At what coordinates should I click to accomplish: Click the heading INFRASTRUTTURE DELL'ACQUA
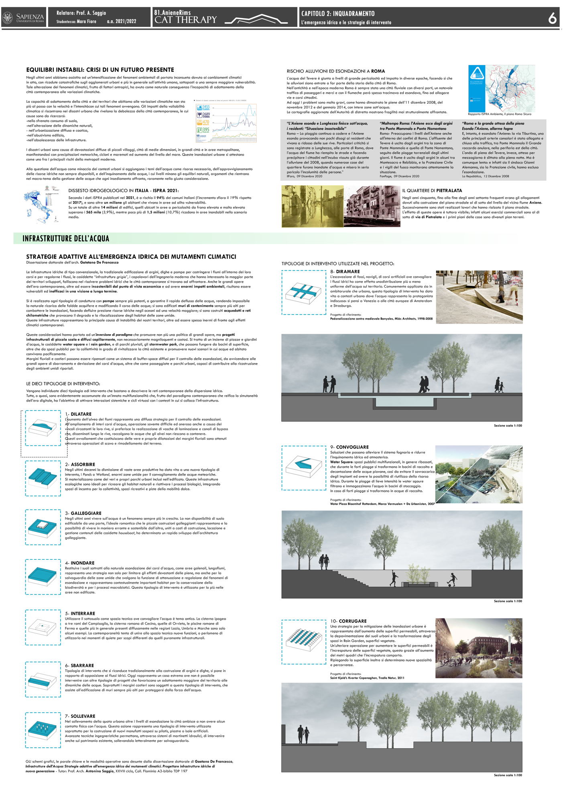click(66, 239)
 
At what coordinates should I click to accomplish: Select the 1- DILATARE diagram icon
click(43, 428)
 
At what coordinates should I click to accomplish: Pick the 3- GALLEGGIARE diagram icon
click(43, 527)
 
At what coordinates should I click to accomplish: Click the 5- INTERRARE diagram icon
click(43, 627)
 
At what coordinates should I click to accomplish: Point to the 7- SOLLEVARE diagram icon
click(43, 730)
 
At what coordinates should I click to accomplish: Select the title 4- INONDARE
click(80, 563)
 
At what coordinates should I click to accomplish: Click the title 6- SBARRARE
click(79, 665)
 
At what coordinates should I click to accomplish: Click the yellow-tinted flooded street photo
click(312, 206)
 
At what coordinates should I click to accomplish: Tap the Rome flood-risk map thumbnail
click(502, 88)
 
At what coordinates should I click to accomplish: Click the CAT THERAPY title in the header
click(185, 20)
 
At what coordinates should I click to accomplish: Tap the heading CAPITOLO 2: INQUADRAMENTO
click(338, 14)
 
